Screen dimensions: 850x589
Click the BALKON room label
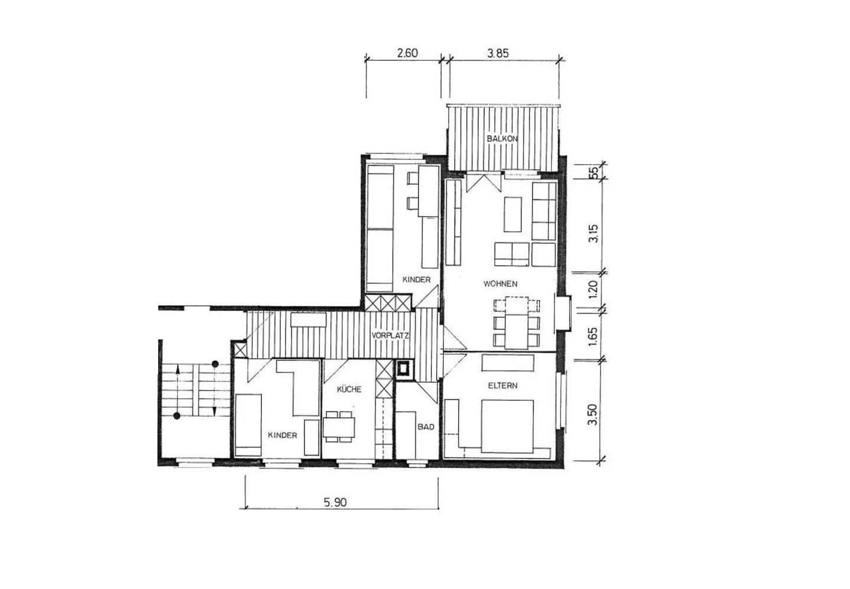(502, 139)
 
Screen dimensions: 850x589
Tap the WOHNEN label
(500, 284)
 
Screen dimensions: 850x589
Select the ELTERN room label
(502, 385)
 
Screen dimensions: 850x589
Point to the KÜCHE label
(349, 389)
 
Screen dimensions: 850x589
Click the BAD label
(426, 427)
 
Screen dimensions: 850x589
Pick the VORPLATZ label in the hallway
(390, 336)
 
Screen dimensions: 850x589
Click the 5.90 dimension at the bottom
(335, 502)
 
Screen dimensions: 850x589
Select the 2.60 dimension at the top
(407, 53)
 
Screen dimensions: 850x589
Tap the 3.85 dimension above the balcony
(498, 53)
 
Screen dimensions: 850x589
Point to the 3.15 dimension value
(593, 233)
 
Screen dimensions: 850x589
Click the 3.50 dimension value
(592, 415)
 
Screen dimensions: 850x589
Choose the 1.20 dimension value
(593, 289)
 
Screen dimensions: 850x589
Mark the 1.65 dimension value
(593, 336)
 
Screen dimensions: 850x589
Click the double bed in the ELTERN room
(508, 426)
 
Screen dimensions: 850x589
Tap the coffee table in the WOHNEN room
(512, 214)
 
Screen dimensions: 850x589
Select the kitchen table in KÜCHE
(339, 427)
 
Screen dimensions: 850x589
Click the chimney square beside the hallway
(403, 368)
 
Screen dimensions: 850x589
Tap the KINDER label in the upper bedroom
(416, 280)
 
